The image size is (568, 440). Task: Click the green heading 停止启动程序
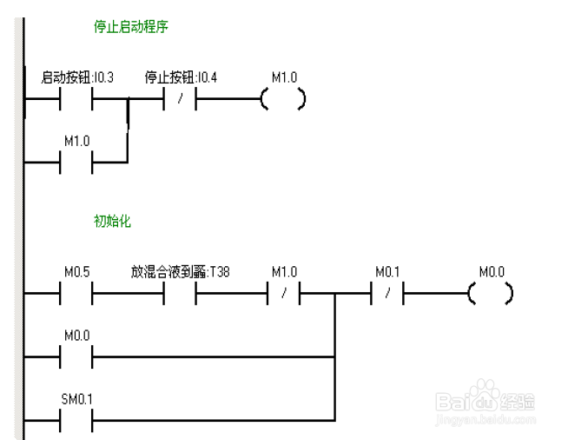pos(130,27)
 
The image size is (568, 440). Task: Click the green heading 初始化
pos(112,221)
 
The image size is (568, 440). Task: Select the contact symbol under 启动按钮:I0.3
pos(76,99)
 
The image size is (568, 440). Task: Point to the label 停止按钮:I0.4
pos(181,77)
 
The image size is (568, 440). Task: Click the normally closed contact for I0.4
pos(180,99)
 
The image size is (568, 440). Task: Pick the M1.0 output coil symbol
pos(283,99)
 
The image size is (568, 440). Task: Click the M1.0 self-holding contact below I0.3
pos(76,162)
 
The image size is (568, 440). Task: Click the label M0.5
pos(76,272)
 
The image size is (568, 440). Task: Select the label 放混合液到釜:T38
pos(181,272)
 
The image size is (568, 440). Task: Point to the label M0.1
pos(387,272)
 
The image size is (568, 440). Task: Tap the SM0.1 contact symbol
pos(76,420)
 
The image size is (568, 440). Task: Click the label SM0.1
pos(76,399)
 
